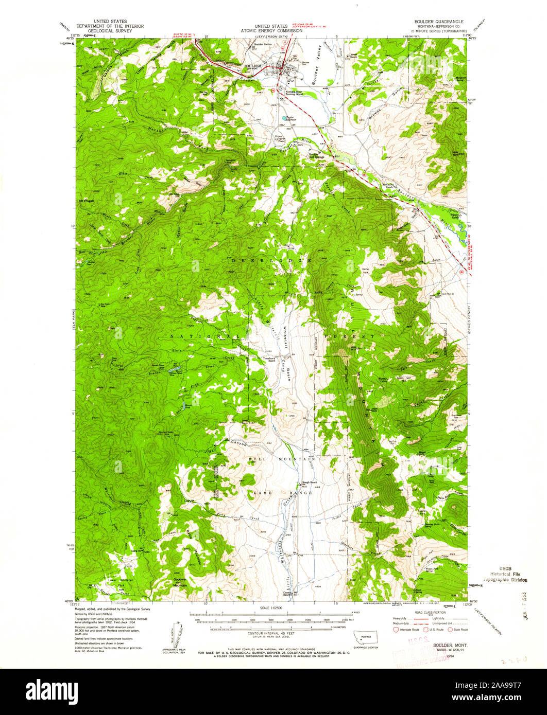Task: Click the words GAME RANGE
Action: pos(282,493)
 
